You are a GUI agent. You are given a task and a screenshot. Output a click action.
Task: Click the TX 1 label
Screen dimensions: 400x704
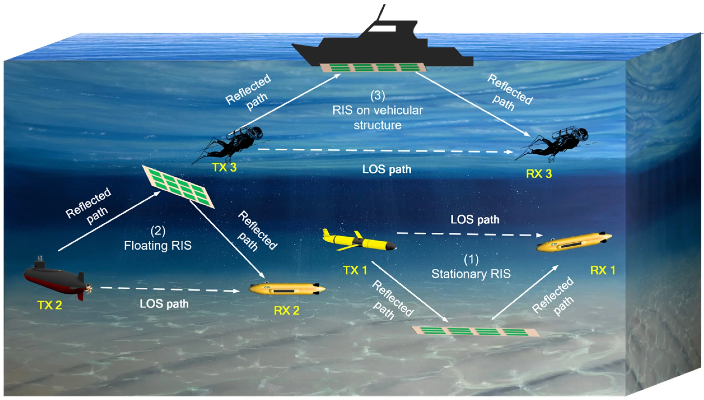(355, 270)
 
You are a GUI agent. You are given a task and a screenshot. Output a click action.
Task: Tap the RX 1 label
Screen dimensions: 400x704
(602, 270)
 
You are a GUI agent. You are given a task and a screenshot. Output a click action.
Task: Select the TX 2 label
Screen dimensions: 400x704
(50, 305)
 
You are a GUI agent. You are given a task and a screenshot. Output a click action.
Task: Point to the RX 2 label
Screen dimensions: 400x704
(286, 310)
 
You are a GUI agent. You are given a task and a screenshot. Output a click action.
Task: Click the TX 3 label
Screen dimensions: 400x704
(224, 167)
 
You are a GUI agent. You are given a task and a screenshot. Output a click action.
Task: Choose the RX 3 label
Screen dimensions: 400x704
(539, 174)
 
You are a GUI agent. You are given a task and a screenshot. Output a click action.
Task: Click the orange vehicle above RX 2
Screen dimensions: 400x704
(287, 289)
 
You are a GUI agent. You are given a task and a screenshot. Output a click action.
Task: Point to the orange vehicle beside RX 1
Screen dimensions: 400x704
(574, 242)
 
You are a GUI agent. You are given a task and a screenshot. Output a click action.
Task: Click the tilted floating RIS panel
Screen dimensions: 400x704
(178, 186)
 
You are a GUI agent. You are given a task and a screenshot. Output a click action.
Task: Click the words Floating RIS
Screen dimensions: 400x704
(158, 246)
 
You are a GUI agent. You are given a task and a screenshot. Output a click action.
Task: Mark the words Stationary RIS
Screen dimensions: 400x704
(471, 274)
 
